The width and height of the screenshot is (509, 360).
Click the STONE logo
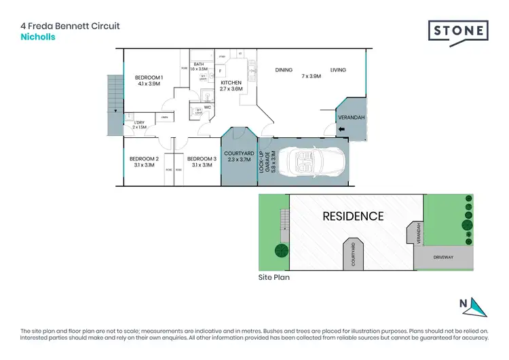458,31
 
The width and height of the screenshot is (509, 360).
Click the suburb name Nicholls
38,37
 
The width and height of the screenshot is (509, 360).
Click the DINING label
283,70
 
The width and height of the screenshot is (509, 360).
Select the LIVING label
338,70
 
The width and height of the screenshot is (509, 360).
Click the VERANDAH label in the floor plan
352,118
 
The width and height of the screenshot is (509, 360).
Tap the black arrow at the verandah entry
341,130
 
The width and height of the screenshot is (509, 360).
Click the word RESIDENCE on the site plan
353,217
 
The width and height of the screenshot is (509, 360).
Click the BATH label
198,65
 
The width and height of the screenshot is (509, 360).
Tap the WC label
208,107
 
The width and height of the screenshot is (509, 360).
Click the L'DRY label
138,122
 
